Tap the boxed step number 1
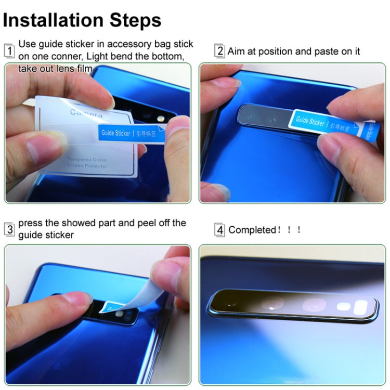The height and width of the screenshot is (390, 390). tap(9, 51)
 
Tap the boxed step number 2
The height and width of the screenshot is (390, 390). tap(220, 51)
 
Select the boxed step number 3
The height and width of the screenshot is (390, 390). tap(9, 229)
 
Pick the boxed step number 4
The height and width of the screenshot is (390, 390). tap(220, 230)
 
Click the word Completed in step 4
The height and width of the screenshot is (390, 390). tap(251, 230)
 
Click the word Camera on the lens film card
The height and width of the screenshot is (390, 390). tap(86, 113)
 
